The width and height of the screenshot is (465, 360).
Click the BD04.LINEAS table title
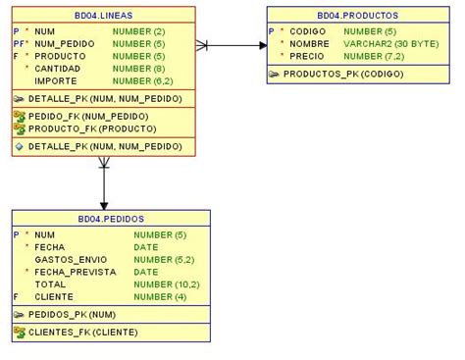[103, 16]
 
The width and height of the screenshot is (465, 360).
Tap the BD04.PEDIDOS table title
[111, 220]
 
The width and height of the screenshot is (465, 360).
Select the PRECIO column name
[308, 56]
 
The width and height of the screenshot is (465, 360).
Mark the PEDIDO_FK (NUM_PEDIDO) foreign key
[75, 116]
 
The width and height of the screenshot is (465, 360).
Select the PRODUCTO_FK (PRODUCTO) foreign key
[78, 129]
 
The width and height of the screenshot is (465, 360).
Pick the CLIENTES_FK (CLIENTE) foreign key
[82, 332]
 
